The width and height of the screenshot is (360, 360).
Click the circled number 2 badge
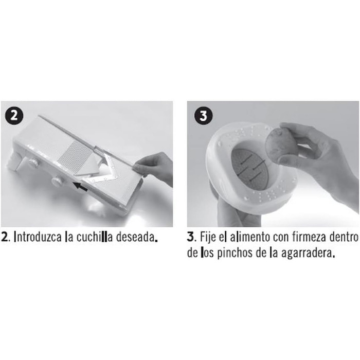(x=14, y=115)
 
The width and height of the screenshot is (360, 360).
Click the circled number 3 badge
(x=204, y=116)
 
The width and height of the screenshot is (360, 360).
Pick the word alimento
(x=250, y=237)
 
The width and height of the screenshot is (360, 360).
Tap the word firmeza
(x=310, y=237)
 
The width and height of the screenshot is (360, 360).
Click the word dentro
(x=344, y=237)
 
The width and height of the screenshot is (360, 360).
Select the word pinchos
(x=235, y=253)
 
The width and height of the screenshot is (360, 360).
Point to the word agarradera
(x=307, y=254)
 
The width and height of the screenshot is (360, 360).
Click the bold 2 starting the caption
(x=4, y=237)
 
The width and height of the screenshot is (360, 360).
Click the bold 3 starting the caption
(x=190, y=237)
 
